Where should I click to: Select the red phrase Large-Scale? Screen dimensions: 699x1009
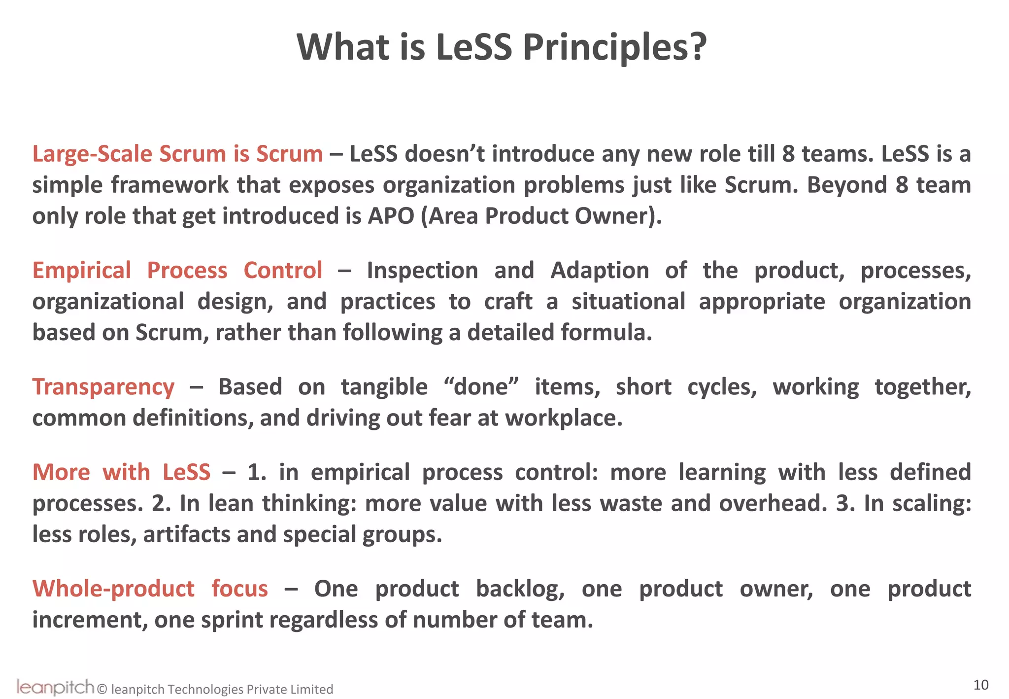click(92, 154)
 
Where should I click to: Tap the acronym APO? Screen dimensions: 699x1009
click(391, 216)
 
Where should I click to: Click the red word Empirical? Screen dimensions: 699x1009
click(82, 271)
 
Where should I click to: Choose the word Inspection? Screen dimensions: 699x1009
click(422, 271)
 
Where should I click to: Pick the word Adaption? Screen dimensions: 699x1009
click(600, 271)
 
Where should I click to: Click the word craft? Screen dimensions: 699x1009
click(508, 302)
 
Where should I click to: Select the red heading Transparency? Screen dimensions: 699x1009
click(103, 387)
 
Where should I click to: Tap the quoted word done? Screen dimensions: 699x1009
click(481, 387)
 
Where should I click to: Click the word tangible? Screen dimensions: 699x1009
click(384, 387)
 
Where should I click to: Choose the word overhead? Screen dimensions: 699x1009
click(773, 503)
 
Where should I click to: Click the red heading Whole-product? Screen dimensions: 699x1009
click(113, 589)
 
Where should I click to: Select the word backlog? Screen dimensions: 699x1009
click(520, 589)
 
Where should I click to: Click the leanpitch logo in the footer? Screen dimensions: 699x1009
click(55, 687)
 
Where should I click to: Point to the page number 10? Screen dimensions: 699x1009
click(981, 685)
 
